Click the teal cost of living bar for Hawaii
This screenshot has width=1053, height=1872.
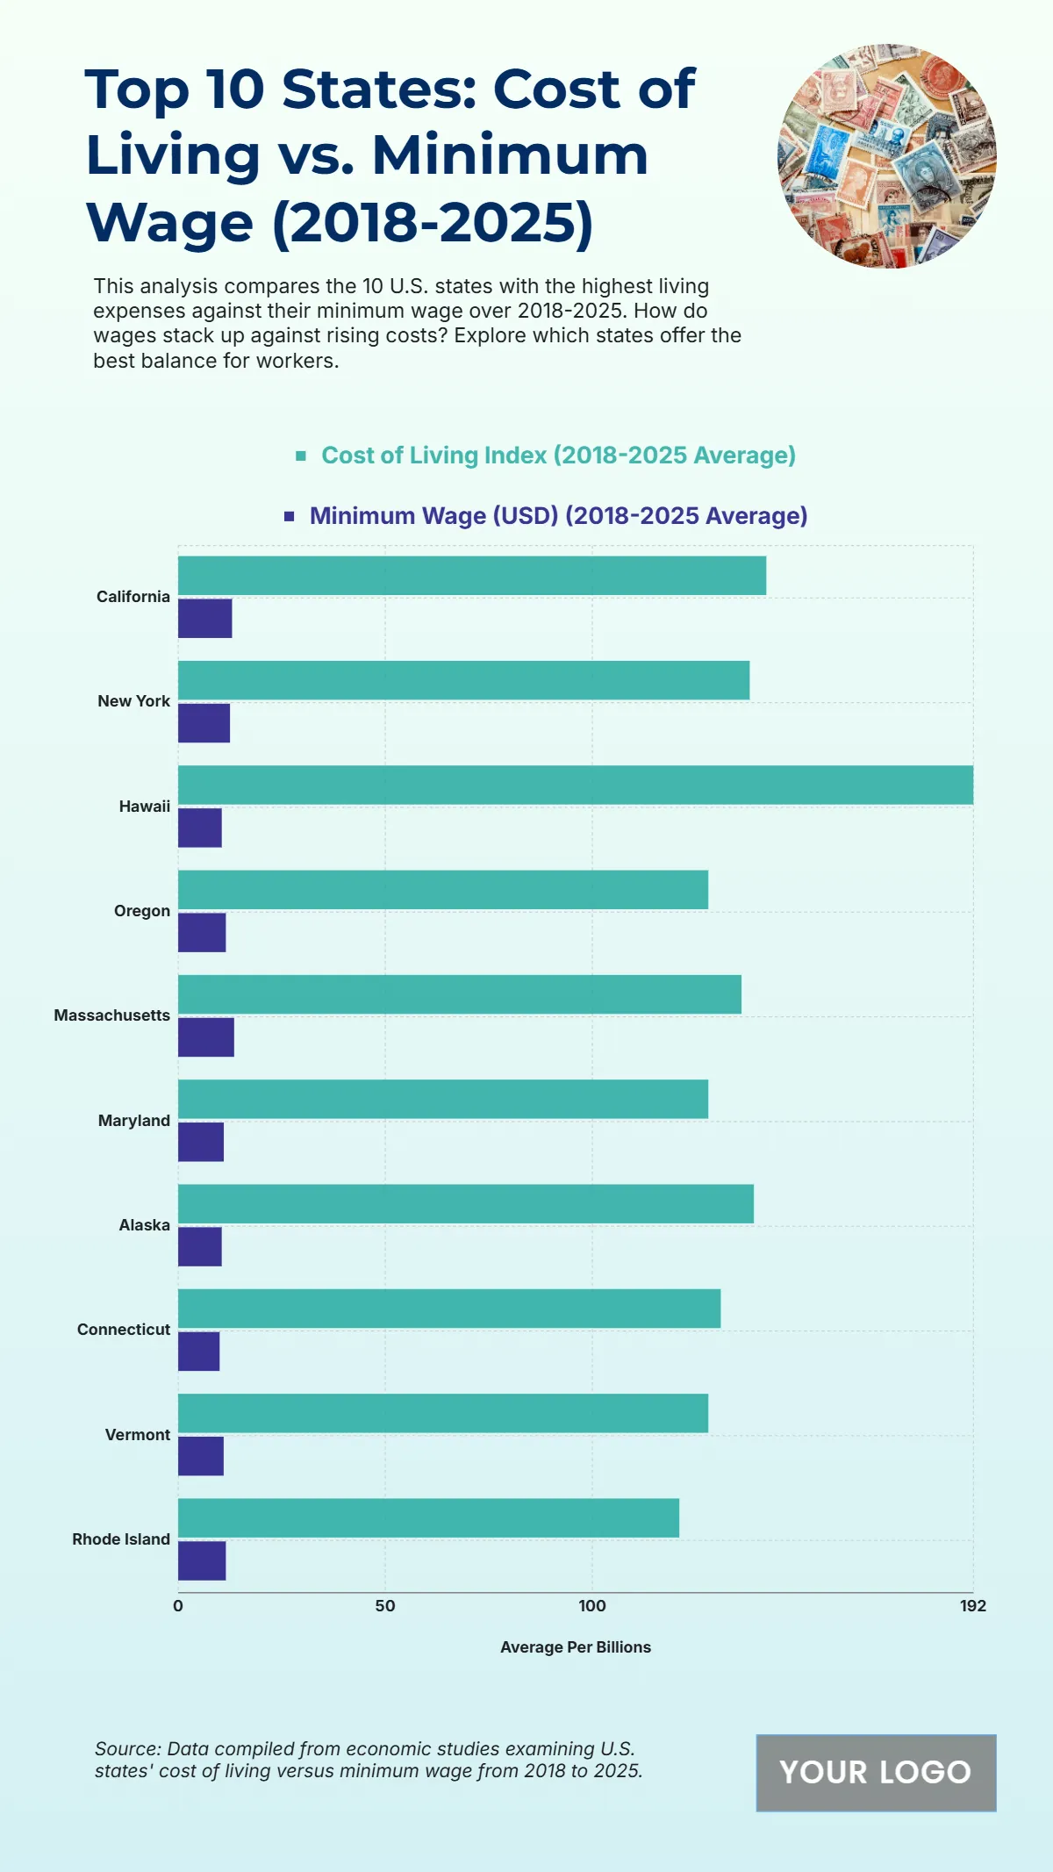point(575,785)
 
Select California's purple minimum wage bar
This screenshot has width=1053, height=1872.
point(204,618)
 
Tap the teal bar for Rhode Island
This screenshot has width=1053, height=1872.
point(428,1517)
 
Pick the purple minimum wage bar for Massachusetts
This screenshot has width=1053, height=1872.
point(205,1036)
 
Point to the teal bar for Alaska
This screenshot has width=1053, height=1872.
point(465,1203)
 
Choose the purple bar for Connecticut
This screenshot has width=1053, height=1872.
point(198,1351)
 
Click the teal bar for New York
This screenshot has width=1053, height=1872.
point(463,680)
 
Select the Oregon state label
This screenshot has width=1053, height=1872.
point(142,911)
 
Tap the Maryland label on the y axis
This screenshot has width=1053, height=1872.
point(134,1121)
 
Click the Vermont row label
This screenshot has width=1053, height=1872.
point(138,1435)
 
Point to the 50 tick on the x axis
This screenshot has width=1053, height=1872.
point(385,1606)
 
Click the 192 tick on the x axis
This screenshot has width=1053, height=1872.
point(972,1606)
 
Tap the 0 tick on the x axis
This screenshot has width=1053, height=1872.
point(178,1606)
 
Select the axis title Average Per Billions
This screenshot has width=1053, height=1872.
point(576,1647)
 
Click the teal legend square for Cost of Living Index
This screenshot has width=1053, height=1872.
point(301,455)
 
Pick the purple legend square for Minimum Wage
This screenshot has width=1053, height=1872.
point(290,516)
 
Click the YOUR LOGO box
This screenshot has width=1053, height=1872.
point(876,1772)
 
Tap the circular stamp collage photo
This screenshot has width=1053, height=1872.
point(887,156)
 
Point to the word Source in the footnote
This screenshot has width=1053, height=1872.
point(126,1749)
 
